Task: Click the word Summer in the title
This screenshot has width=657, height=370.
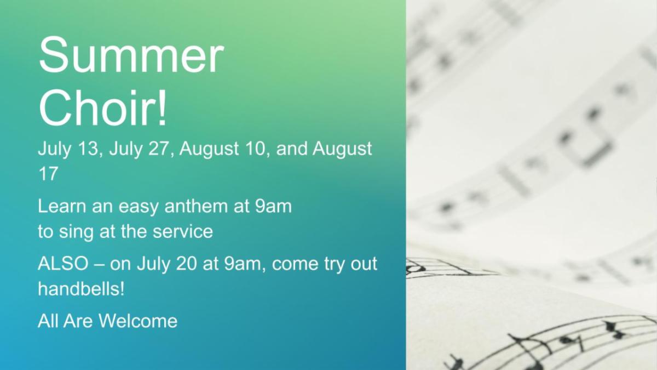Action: coord(131,55)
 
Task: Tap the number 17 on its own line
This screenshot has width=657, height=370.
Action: coord(48,174)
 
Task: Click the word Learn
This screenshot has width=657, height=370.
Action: coord(62,206)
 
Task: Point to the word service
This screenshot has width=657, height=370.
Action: coord(183,232)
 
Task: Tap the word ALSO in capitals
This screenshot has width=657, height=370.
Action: coord(63,264)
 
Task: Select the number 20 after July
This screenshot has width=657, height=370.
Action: coord(186,264)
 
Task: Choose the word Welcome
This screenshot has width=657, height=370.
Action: coord(138,321)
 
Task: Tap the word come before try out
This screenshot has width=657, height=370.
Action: coord(295,264)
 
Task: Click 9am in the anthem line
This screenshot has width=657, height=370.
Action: coord(273,206)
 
